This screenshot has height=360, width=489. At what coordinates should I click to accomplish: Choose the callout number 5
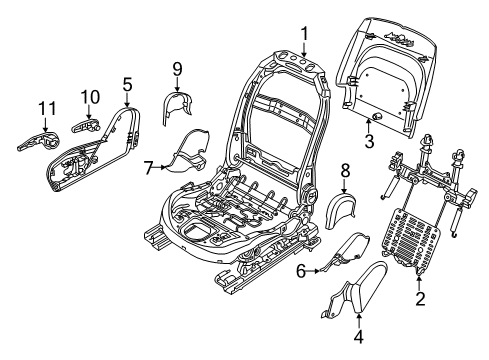pos(126,87)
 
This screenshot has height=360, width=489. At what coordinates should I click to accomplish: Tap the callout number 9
pos(176,69)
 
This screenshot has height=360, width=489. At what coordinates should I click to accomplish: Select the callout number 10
pos(90,96)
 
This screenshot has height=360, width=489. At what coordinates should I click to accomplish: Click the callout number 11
pos(45,107)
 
